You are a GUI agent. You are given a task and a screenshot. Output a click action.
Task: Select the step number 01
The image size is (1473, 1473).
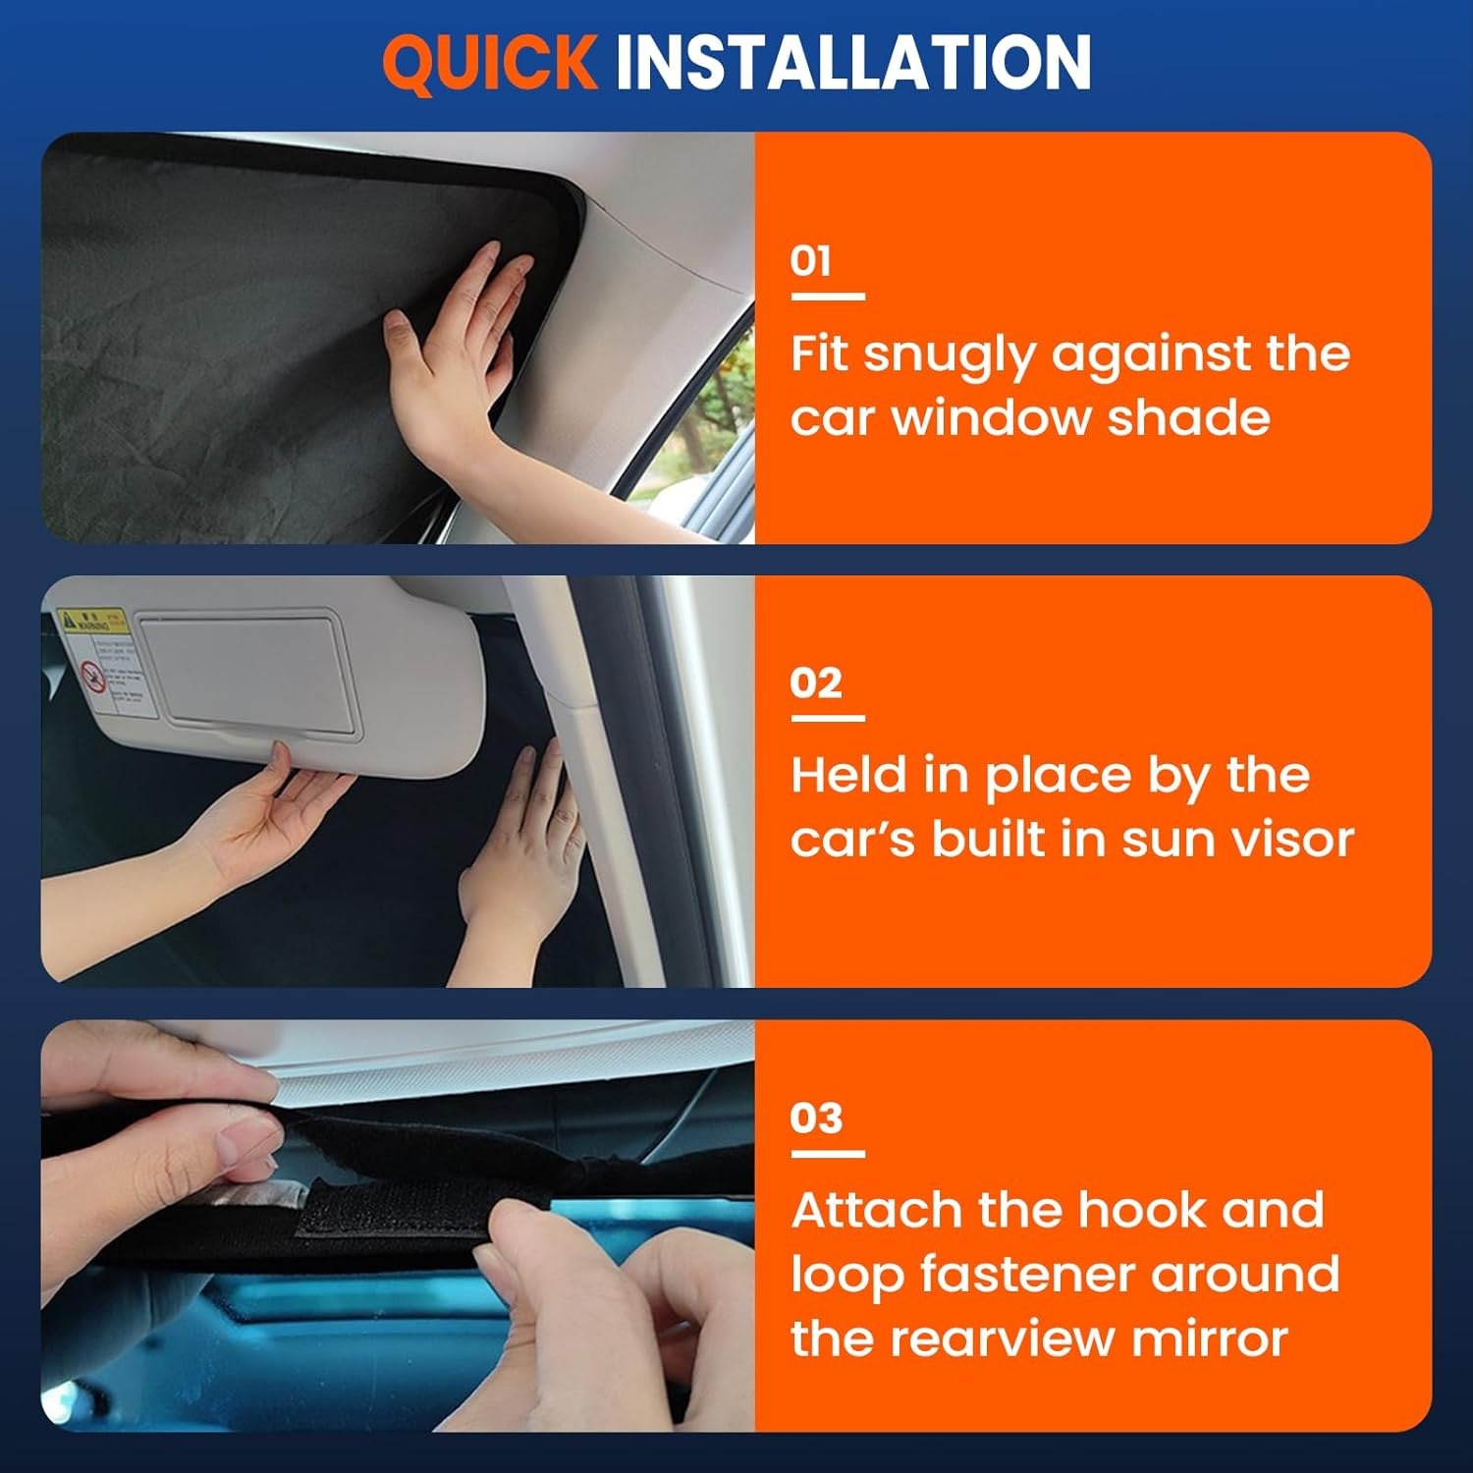(811, 261)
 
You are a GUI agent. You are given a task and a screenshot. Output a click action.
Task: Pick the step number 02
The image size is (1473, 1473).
(816, 682)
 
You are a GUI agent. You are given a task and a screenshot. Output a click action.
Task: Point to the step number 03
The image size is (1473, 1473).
(816, 1118)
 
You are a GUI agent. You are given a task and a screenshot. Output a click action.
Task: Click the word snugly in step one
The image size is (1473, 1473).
(949, 355)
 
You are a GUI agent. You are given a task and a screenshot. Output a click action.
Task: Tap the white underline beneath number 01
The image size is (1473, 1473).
(827, 296)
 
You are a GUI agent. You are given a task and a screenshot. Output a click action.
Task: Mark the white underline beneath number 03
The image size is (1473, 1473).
(827, 1153)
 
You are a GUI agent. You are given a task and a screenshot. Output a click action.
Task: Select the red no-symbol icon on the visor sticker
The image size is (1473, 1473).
(92, 677)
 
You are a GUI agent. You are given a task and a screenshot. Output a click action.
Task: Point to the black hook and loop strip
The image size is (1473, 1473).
(393, 1213)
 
